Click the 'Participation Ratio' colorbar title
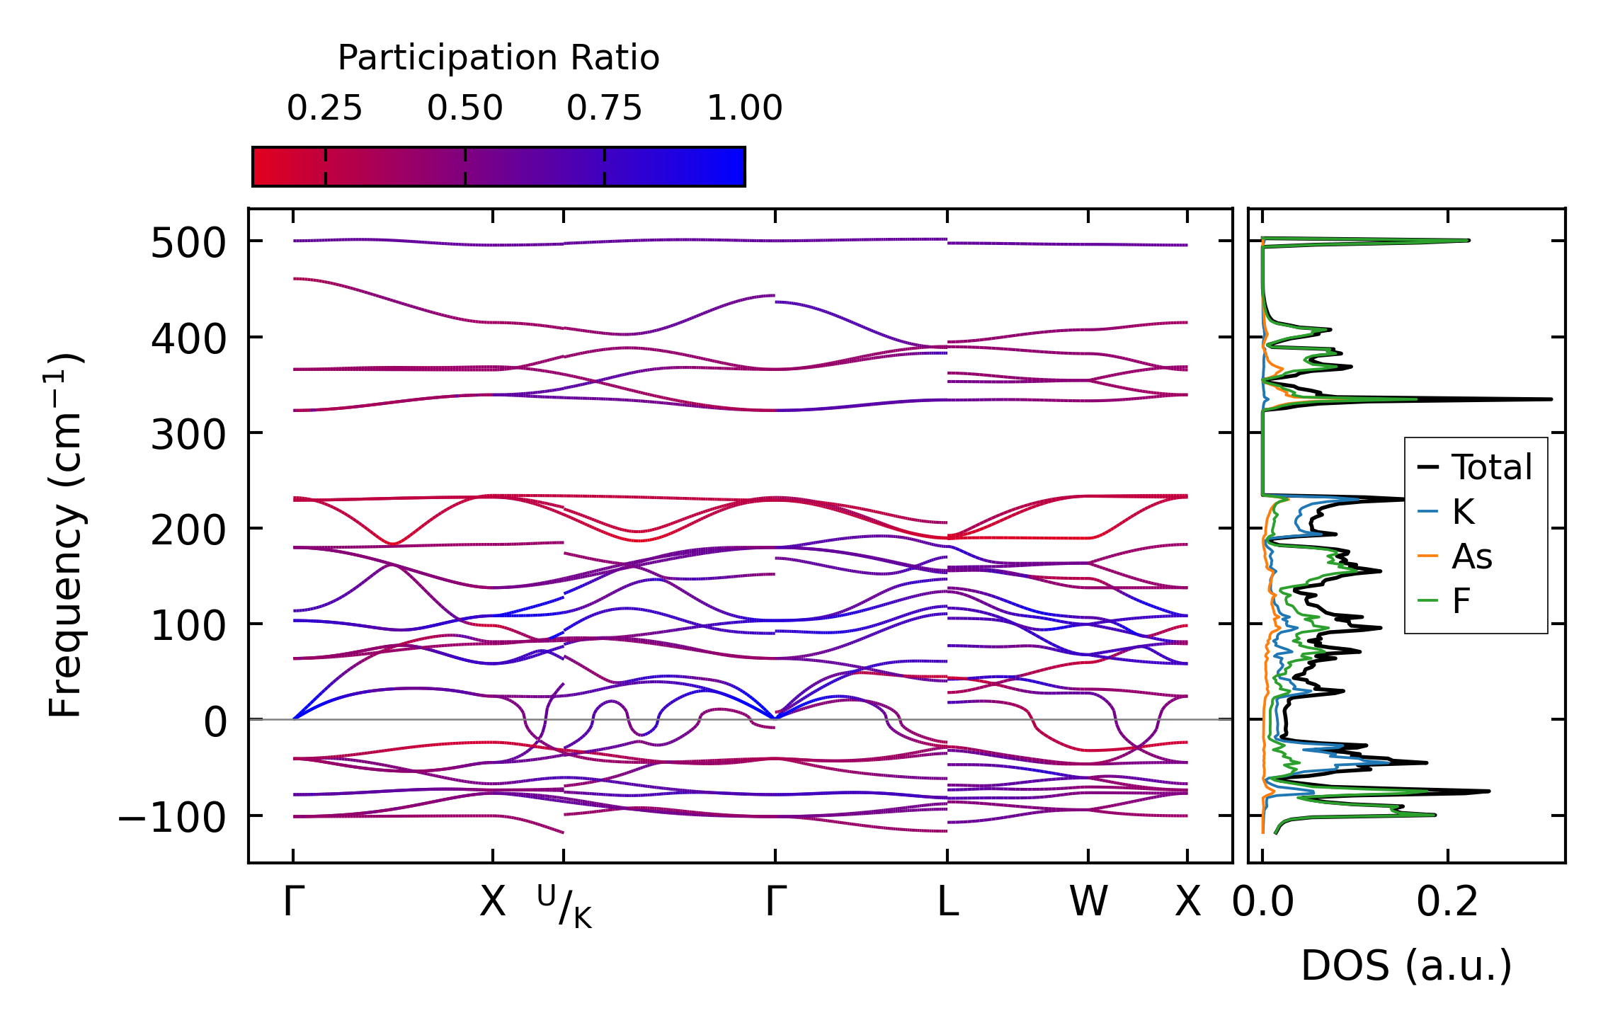pyautogui.click(x=498, y=58)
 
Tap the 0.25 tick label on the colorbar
pyautogui.click(x=324, y=108)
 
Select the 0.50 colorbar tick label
pyautogui.click(x=464, y=108)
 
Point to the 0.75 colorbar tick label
pyautogui.click(x=604, y=108)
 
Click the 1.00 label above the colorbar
pyautogui.click(x=744, y=108)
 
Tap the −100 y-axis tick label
pyautogui.click(x=172, y=818)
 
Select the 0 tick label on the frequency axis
pyautogui.click(x=215, y=723)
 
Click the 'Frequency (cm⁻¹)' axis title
pyautogui.click(x=66, y=535)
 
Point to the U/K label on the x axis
pyautogui.click(x=564, y=906)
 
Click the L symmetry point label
pyautogui.click(x=947, y=903)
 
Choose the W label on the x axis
pyautogui.click(x=1088, y=903)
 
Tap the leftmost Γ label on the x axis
pyautogui.click(x=293, y=903)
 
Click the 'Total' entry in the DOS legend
pyautogui.click(x=1492, y=467)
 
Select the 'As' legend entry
pyautogui.click(x=1472, y=556)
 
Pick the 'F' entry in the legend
pyautogui.click(x=1461, y=601)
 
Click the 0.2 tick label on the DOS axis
pyautogui.click(x=1447, y=903)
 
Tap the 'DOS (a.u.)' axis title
pyautogui.click(x=1406, y=966)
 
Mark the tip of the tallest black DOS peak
pyautogui.click(x=1551, y=399)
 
